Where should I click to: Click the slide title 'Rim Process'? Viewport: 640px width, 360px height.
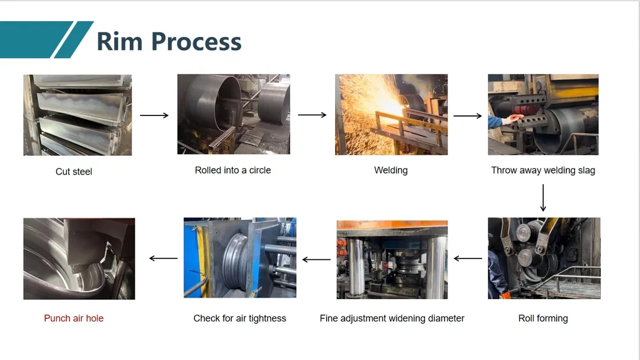point(169,41)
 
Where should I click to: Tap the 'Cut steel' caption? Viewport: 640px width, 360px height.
point(74,172)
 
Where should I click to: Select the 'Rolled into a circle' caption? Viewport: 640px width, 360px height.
point(233,170)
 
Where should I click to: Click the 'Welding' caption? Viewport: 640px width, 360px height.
point(391,170)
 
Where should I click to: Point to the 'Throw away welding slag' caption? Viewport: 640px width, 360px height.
point(543,170)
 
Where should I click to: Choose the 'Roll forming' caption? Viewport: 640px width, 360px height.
point(543,318)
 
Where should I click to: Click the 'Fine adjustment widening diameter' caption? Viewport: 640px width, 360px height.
point(392,318)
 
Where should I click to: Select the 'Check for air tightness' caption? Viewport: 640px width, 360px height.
point(240,318)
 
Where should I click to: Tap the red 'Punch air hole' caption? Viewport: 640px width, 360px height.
point(74,318)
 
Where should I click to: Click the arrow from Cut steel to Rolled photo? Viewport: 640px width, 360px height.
point(154,115)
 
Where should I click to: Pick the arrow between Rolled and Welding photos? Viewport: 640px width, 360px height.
point(312,115)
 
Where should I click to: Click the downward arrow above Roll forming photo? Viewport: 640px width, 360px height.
point(543,198)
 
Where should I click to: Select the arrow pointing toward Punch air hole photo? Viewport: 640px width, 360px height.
point(163,259)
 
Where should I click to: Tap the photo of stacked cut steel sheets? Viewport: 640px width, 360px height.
point(77,115)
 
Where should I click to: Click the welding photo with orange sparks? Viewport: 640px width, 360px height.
point(391,115)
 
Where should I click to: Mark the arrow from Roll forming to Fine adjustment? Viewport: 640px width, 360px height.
point(467,259)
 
